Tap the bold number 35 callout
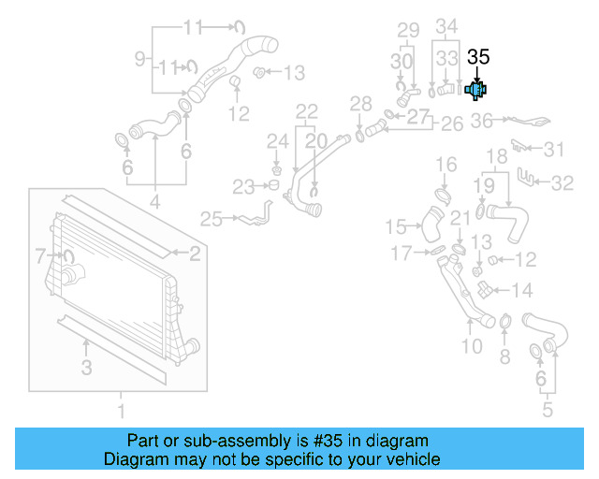click(478, 56)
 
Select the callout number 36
click(481, 121)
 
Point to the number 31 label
click(555, 150)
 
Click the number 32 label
click(562, 183)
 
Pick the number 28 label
click(360, 103)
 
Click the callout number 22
click(307, 112)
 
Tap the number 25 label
click(212, 219)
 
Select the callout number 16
click(446, 166)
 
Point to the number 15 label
click(397, 226)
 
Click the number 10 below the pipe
click(472, 347)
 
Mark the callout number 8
click(504, 356)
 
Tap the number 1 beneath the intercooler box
click(120, 411)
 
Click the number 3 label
click(86, 369)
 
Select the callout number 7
click(40, 254)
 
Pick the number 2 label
click(195, 253)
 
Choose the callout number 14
click(522, 290)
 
